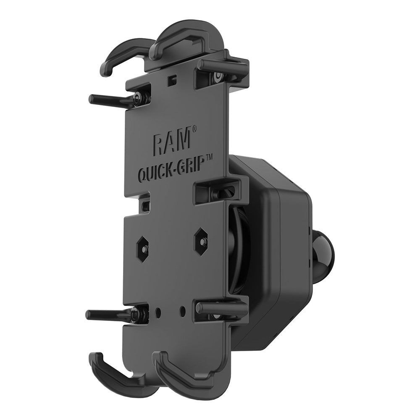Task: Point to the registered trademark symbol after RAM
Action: tap(194, 129)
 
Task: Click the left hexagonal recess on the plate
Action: tap(142, 248)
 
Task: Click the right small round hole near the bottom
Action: tap(182, 311)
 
